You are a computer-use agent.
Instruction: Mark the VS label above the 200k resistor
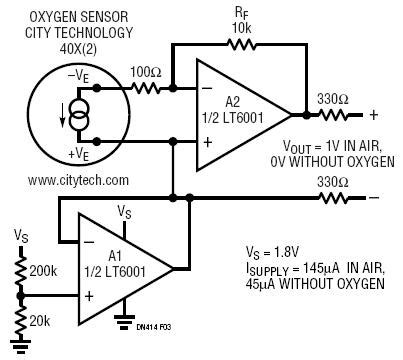pos(21,234)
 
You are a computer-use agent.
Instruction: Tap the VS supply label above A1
pos(124,212)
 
